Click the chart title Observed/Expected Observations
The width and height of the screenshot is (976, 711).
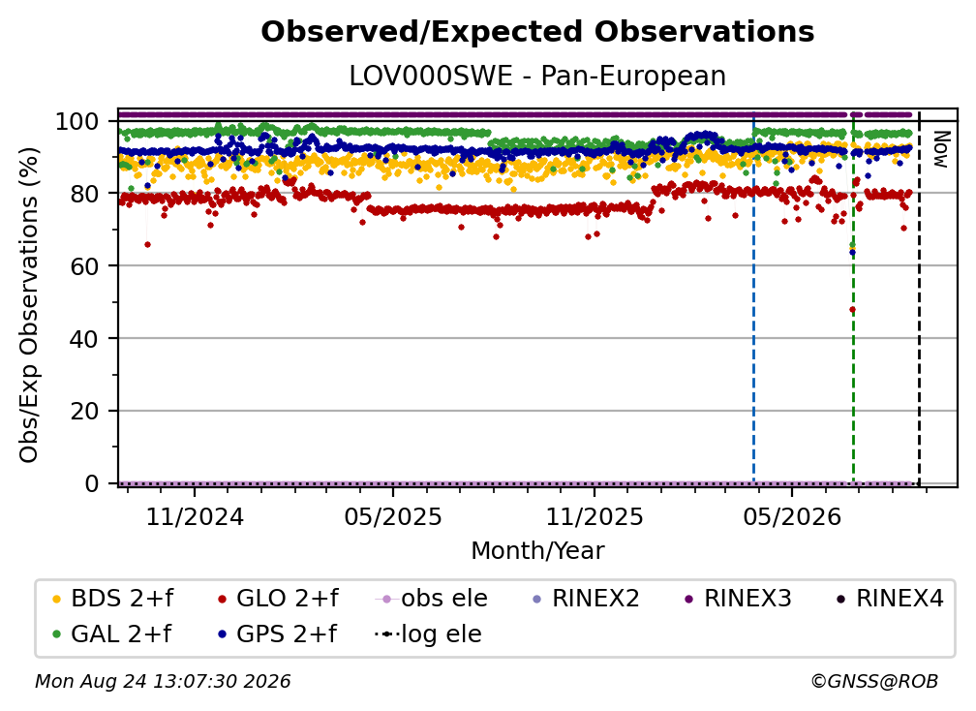point(537,32)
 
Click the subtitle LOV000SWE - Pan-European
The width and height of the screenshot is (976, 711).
point(537,76)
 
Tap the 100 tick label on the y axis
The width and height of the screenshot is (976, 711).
point(77,121)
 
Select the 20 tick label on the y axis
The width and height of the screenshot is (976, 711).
point(84,412)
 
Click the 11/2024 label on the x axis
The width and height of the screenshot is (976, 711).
point(195,516)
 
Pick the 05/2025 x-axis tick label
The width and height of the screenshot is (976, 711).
point(393,516)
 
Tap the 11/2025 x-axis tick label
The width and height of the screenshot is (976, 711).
point(595,516)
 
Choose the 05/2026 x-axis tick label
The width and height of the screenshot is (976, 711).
point(792,516)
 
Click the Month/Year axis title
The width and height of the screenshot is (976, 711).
point(537,551)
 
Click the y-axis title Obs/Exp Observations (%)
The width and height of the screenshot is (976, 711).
point(29,304)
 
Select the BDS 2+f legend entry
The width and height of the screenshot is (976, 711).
point(112,599)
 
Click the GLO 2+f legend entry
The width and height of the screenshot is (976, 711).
point(278,599)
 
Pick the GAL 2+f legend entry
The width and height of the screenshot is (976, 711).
point(112,634)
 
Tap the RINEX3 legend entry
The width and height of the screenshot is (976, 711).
point(738,599)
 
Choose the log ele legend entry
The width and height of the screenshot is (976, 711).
point(428,634)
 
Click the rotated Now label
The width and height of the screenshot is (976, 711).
point(940,149)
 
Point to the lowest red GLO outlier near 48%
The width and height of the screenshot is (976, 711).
point(852,309)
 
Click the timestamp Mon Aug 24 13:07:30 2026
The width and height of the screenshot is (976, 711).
point(163,682)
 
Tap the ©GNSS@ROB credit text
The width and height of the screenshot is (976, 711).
point(874,682)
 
